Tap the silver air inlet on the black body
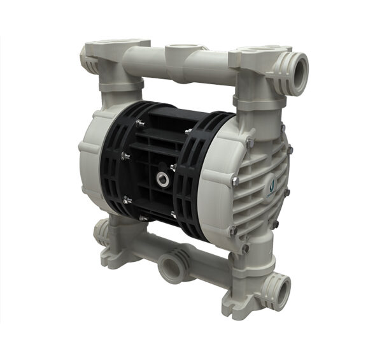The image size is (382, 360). point(164,180)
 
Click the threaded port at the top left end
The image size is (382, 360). point(85,58)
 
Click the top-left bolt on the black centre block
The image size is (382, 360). point(139,122)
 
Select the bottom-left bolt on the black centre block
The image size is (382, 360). point(127,200)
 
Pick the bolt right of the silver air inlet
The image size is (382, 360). point(173,168)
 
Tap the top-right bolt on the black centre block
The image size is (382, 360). point(188,131)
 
